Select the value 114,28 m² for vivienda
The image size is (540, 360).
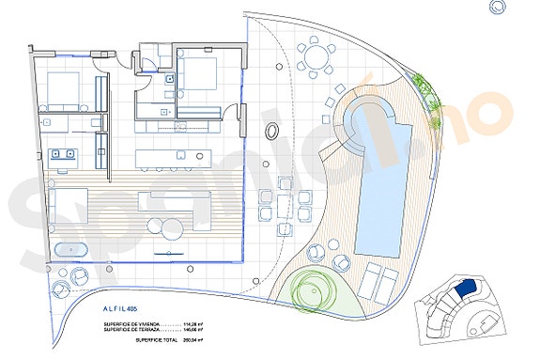(x=203, y=323)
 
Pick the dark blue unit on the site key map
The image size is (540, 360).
(x=468, y=291)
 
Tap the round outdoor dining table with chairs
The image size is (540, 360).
(x=316, y=55)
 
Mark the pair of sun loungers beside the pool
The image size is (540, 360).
(x=380, y=279)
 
